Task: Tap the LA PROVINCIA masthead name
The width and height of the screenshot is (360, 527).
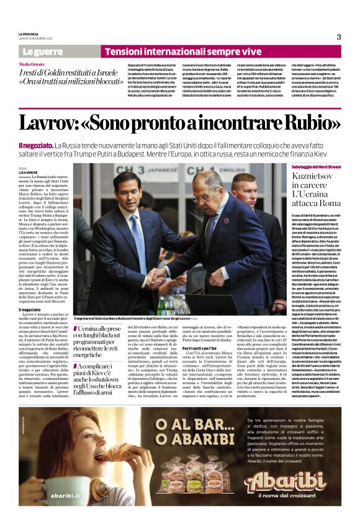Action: pos(29,34)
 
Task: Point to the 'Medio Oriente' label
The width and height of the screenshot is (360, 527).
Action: pos(32,64)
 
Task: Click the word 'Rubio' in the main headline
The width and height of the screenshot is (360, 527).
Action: pos(287,122)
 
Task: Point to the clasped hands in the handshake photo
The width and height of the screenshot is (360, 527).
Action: pos(158,276)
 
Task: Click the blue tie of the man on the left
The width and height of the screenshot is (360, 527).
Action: pos(137,231)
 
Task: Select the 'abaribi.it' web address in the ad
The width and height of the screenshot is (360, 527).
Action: pos(67,496)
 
